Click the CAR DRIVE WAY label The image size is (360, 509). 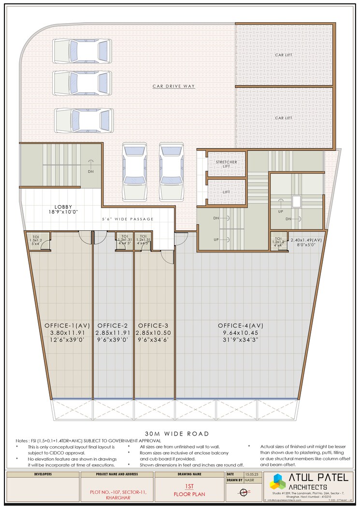tap(173, 86)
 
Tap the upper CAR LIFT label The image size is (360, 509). tap(284, 55)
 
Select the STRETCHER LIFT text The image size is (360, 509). tap(226, 164)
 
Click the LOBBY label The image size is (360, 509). tap(63, 207)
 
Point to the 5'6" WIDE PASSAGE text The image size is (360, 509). tap(128, 219)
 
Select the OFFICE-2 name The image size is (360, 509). tap(113, 325)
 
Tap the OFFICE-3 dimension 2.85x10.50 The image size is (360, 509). tap(154, 333)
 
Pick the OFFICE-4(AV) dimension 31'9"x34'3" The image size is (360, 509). tap(240, 340)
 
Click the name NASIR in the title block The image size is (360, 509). tap(248, 481)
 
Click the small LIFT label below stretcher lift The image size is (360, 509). tap(226, 192)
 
